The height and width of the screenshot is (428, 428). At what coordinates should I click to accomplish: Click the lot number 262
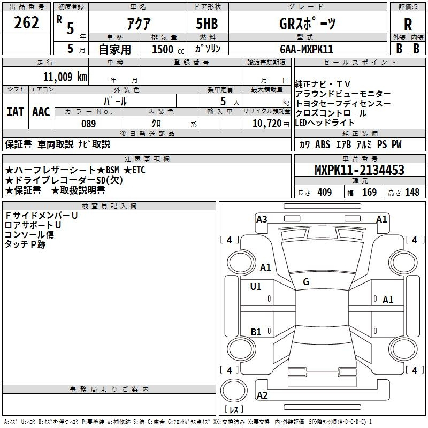[x=26, y=23]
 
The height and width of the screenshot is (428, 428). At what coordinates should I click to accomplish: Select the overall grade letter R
[x=408, y=25]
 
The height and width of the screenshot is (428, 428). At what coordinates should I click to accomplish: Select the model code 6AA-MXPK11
[x=307, y=49]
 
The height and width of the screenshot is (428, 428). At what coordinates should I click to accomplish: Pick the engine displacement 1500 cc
[x=163, y=49]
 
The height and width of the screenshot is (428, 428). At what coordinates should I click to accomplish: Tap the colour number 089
[x=88, y=124]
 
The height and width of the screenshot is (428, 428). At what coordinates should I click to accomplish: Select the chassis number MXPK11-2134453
[x=359, y=171]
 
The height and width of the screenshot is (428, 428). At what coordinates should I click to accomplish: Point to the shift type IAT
[x=16, y=112]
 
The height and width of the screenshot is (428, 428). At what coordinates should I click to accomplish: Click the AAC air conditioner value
[x=41, y=112]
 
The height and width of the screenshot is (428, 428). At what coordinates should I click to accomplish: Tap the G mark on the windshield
[x=306, y=281]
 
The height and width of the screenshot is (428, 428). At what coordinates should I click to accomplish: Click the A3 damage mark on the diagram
[x=262, y=219]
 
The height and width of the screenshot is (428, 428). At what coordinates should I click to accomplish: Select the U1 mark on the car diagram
[x=256, y=287]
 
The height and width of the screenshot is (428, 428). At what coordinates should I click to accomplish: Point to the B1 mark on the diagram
[x=256, y=332]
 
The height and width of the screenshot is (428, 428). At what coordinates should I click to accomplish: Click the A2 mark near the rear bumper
[x=262, y=395]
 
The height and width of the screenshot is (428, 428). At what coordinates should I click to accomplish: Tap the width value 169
[x=369, y=193]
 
